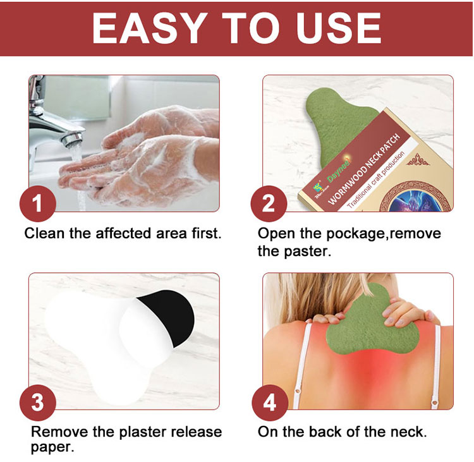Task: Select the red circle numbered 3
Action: point(37,402)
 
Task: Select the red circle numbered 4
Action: point(269,402)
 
